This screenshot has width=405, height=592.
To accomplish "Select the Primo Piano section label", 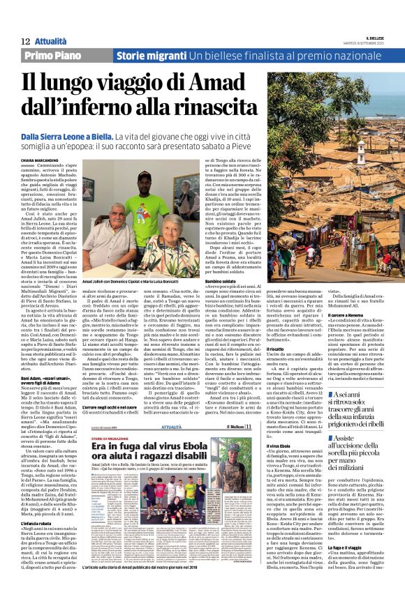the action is coord(54,56).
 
